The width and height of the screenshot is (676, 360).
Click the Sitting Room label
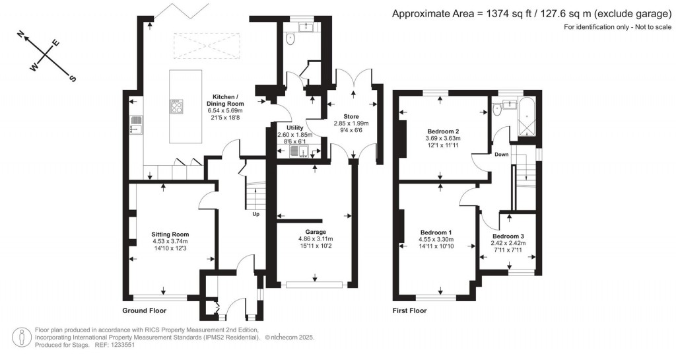tap(170, 234)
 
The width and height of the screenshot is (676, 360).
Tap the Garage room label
tap(316, 232)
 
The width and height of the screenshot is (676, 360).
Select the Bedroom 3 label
tap(508, 236)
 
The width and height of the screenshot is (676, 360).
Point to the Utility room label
tap(295, 127)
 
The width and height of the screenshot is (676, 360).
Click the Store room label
tap(351, 116)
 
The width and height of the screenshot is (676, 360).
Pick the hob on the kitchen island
tap(176, 106)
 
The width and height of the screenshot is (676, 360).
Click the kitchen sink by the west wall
tap(136, 125)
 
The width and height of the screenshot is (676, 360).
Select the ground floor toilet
tap(290, 39)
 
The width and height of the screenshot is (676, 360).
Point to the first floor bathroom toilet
tap(496, 110)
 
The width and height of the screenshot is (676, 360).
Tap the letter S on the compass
tap(73, 79)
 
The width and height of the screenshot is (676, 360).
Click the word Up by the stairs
tap(255, 214)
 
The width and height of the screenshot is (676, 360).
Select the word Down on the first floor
tap(502, 155)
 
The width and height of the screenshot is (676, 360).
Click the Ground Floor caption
tap(144, 310)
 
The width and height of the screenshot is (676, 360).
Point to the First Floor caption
tap(409, 310)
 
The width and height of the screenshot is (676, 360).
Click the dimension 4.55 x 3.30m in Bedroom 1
tap(436, 239)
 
